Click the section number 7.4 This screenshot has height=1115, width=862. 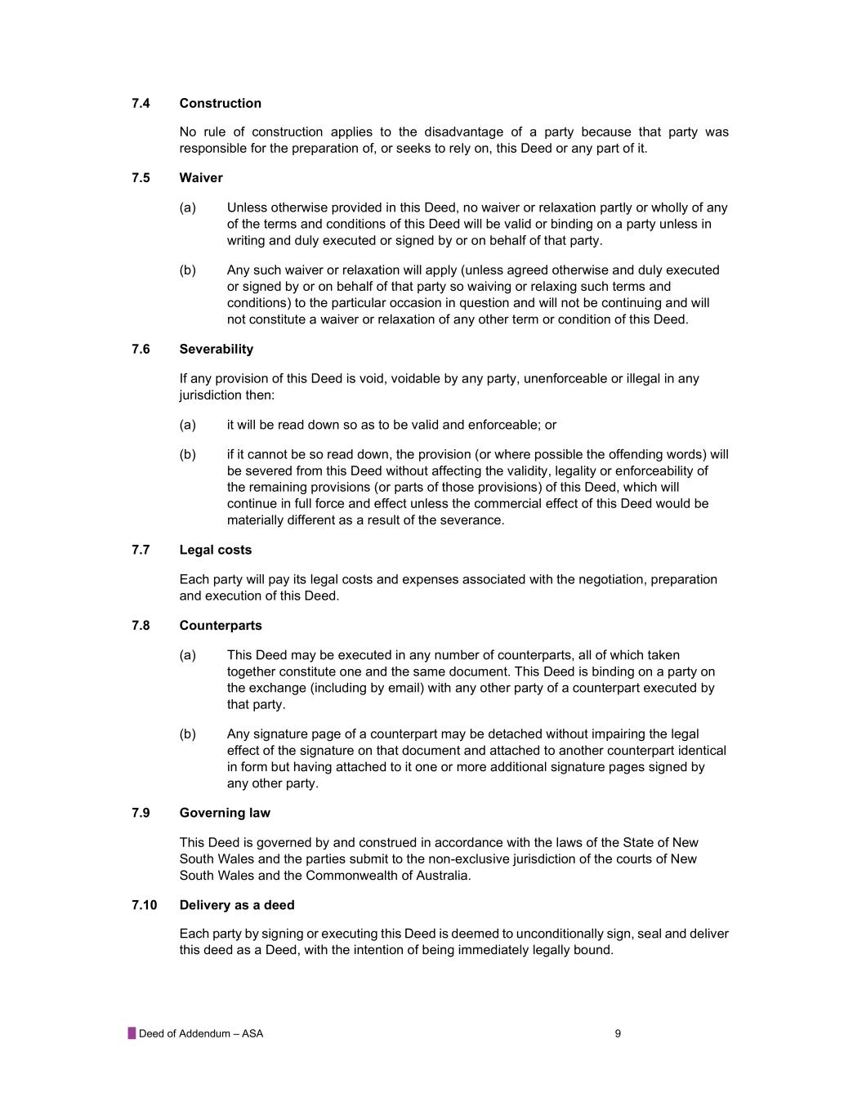[x=141, y=103]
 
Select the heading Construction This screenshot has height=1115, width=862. [x=221, y=103]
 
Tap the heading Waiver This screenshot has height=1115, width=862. [x=201, y=178]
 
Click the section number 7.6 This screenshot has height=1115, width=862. [x=141, y=350]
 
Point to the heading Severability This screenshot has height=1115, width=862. [x=217, y=350]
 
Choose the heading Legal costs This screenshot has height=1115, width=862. [x=216, y=551]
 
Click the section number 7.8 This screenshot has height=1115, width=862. [x=141, y=626]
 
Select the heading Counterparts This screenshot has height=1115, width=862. [x=221, y=626]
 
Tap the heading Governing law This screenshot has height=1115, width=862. [x=225, y=814]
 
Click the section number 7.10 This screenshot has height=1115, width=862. [x=144, y=905]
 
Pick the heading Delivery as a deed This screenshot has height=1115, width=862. [x=237, y=905]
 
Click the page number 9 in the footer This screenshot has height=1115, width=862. [x=618, y=1034]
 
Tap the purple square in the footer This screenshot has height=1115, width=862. [x=132, y=1033]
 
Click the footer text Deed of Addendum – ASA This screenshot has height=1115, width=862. [x=201, y=1034]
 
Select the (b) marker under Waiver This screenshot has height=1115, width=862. [x=188, y=270]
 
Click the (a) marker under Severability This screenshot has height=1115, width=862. [x=188, y=425]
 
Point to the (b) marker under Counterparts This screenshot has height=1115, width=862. [x=188, y=734]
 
